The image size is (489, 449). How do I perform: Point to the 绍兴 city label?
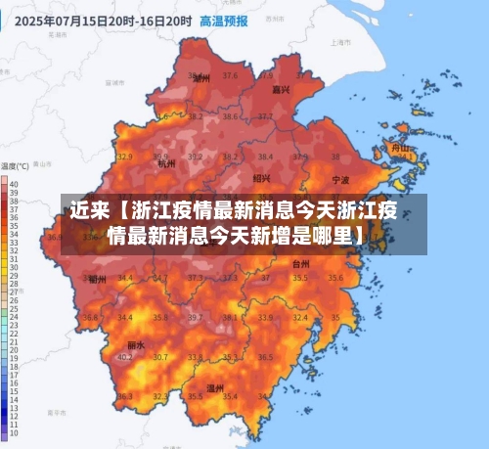point(262,178)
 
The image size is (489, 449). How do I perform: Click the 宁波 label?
point(340,181)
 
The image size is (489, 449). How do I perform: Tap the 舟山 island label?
point(399,149)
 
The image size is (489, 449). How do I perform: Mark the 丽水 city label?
point(136,345)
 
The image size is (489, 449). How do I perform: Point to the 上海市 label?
point(340,43)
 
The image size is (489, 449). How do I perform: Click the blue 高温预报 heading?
point(223,20)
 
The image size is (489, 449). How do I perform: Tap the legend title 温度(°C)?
point(16,166)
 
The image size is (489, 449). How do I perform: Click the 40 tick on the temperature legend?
point(13,185)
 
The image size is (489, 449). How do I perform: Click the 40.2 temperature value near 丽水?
point(125,357)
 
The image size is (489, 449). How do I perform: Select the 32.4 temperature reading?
point(299,317)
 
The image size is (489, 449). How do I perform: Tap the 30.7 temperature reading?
point(159,357)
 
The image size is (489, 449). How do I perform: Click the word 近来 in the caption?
point(88,209)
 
